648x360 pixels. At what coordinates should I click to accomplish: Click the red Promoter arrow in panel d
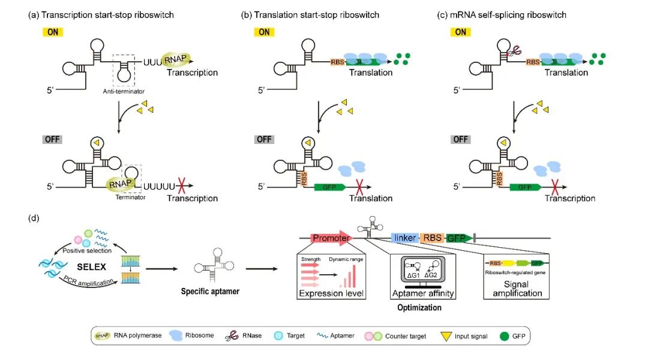pyautogui.click(x=331, y=238)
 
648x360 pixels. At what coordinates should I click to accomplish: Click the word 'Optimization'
pyautogui.click(x=419, y=307)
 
